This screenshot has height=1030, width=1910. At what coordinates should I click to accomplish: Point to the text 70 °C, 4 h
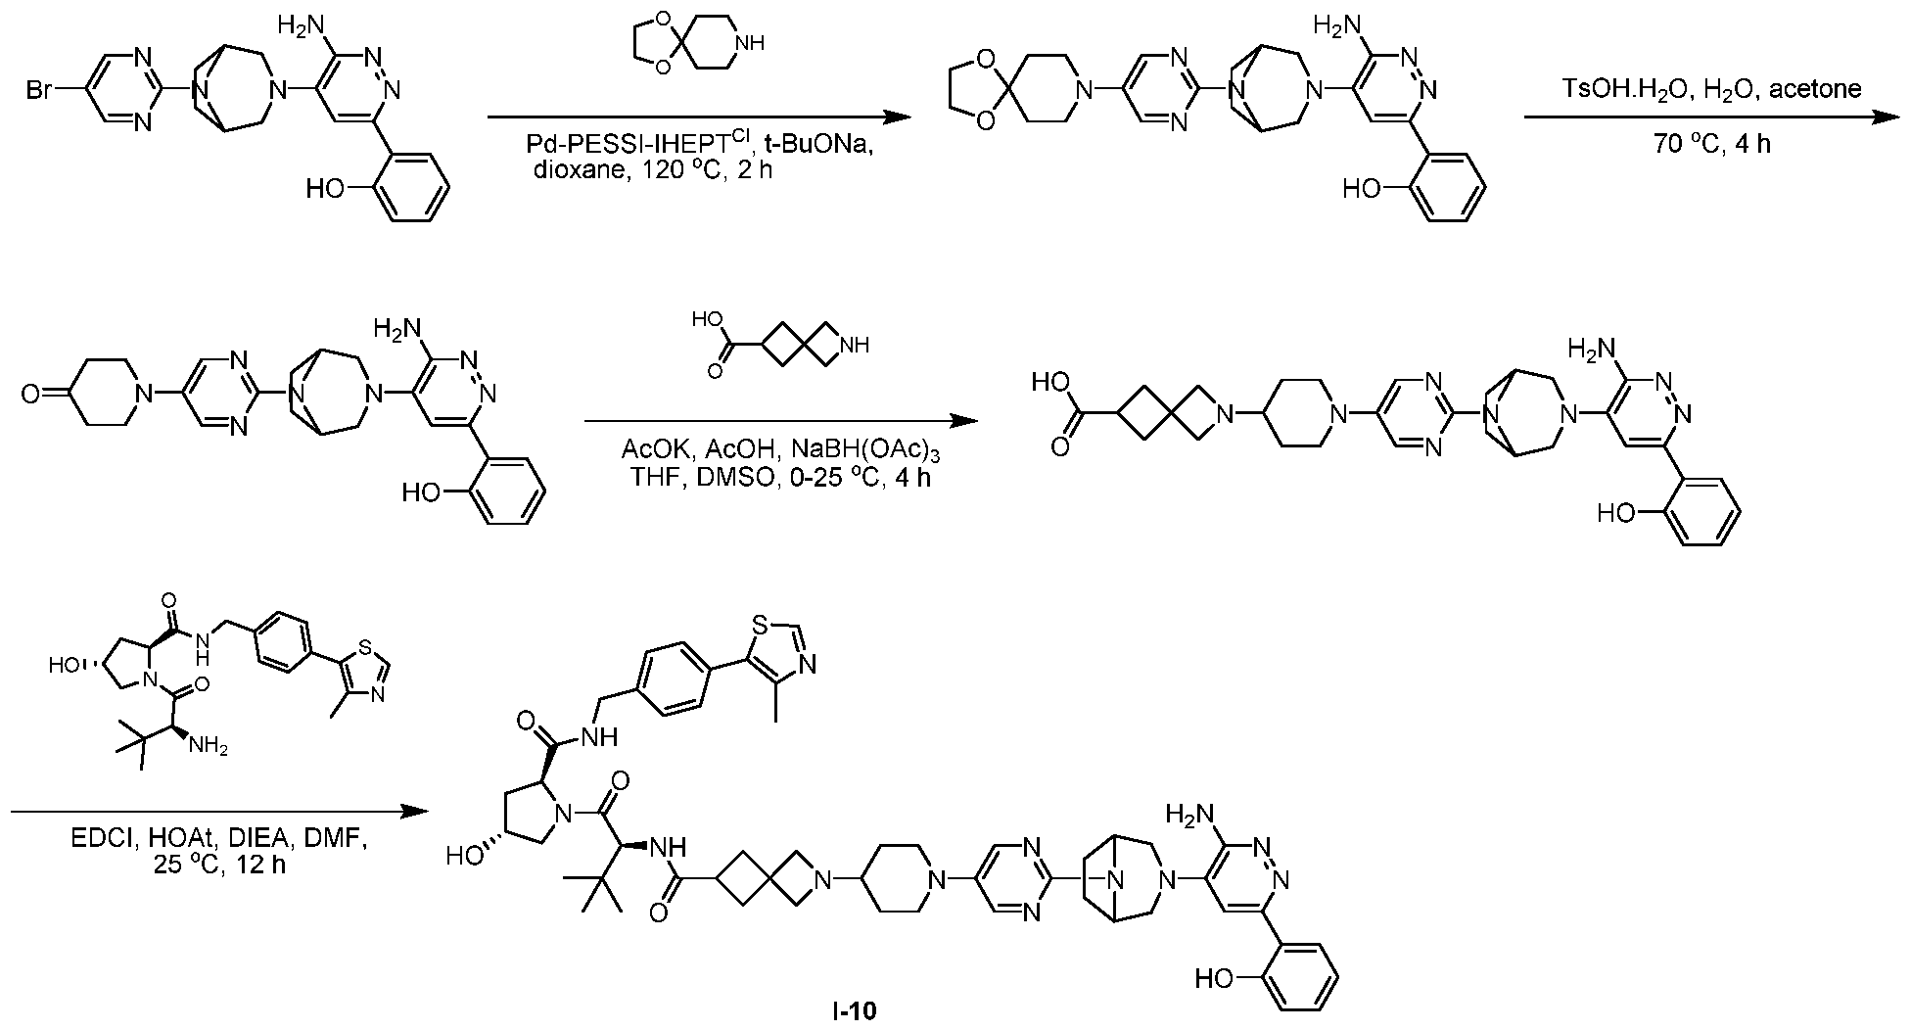coord(1711,144)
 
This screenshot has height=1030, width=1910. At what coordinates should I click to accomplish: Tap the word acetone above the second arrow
coord(1823,89)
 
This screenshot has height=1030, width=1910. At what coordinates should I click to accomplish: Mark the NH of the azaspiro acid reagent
coord(855,346)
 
